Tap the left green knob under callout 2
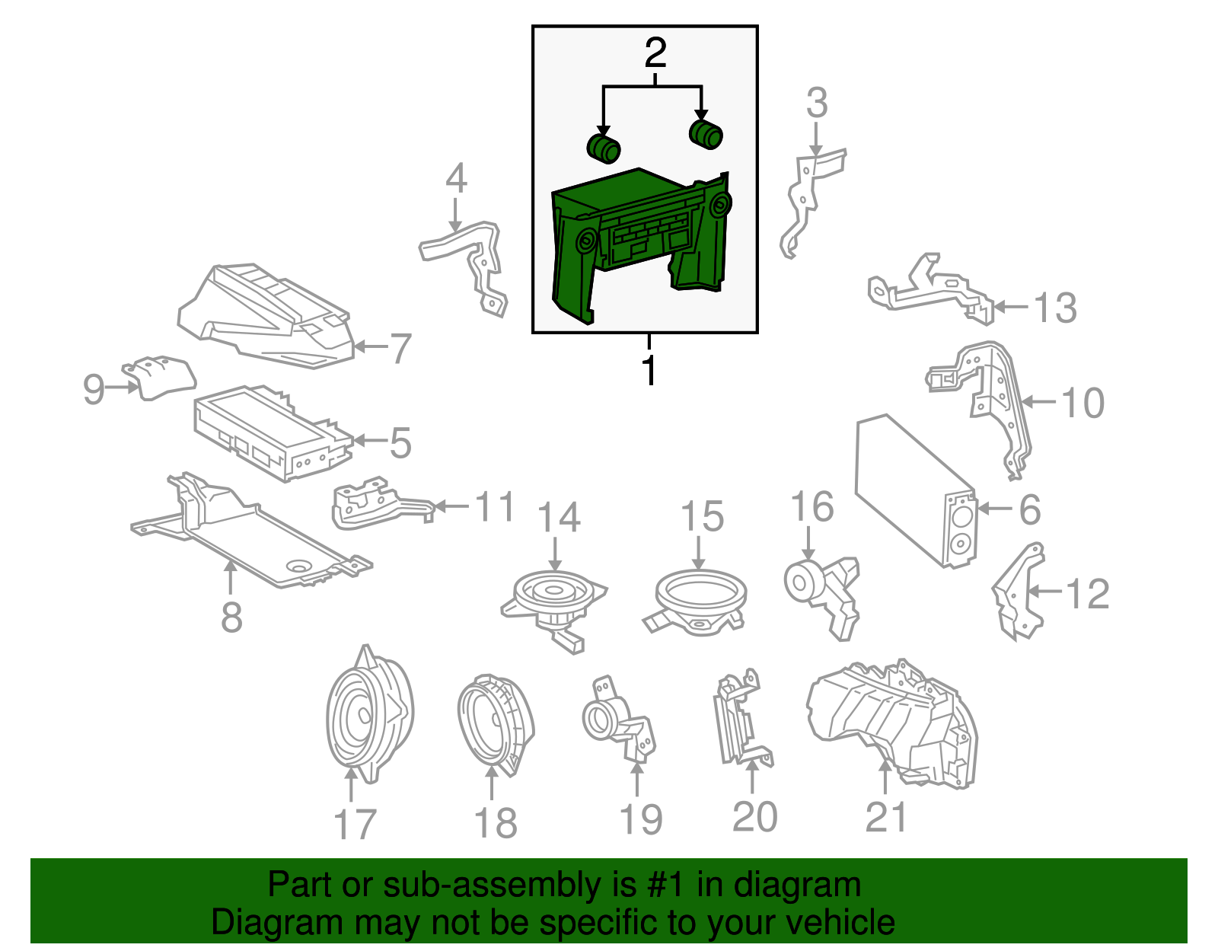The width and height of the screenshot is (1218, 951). [603, 148]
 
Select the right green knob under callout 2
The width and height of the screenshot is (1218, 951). [706, 135]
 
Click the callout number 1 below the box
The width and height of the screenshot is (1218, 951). [649, 369]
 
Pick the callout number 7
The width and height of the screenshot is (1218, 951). [400, 348]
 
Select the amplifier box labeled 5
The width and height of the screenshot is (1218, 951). [273, 432]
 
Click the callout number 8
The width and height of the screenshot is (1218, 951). [231, 617]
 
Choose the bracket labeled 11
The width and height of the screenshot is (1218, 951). [384, 503]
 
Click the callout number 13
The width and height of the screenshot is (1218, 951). [1055, 308]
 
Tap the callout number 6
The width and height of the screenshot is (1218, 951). [1030, 510]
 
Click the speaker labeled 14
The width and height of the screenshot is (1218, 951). [553, 610]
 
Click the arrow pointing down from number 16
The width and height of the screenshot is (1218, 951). [808, 542]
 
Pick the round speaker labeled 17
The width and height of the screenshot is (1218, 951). [370, 714]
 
